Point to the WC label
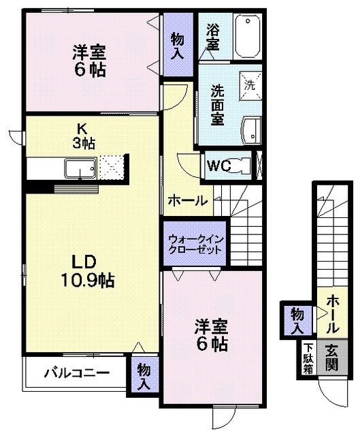[218, 166]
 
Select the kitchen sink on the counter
[80, 167]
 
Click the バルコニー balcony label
[76, 373]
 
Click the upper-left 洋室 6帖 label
[88, 59]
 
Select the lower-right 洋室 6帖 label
[211, 334]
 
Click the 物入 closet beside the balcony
[144, 376]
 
